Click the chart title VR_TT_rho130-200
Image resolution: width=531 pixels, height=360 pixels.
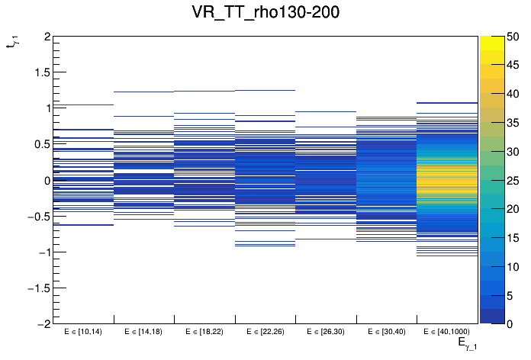pos(265,12)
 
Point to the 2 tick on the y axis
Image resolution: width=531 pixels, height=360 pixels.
pos(47,37)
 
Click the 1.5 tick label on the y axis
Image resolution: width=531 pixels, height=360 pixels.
pos(41,72)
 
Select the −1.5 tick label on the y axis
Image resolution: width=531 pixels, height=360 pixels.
pos(38,288)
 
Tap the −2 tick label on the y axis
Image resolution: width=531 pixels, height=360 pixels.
pos(43,323)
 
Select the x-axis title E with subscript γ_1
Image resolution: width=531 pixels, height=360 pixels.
pos(467,345)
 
